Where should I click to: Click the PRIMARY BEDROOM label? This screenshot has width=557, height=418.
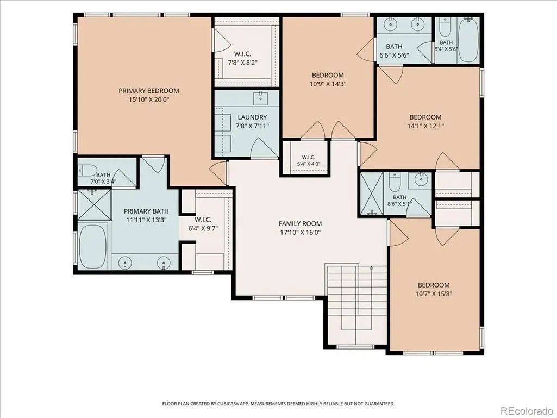coord(149,91)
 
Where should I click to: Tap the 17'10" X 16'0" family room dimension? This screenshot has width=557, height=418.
coord(300,233)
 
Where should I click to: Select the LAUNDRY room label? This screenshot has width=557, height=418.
coord(252,117)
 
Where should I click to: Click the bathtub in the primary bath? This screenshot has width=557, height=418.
coord(92,246)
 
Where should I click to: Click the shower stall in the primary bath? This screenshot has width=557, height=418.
coord(94,205)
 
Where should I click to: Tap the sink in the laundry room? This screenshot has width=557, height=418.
coord(261,98)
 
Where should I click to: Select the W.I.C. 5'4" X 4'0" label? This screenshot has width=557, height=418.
coord(308,160)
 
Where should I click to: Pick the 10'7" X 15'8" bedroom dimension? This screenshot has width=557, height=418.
coord(434,294)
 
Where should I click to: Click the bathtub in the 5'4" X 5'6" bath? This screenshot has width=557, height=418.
coord(468,40)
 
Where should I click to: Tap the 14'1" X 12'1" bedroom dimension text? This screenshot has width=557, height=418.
coord(425,126)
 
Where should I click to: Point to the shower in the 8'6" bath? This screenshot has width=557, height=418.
coord(372,194)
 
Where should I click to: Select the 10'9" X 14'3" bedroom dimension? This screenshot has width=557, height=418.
coord(328,84)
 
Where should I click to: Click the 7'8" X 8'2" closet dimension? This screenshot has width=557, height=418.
coord(242,63)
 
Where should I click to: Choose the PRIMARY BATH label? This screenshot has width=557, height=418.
coord(146,211)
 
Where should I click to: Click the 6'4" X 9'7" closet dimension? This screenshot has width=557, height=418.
coord(203,228)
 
